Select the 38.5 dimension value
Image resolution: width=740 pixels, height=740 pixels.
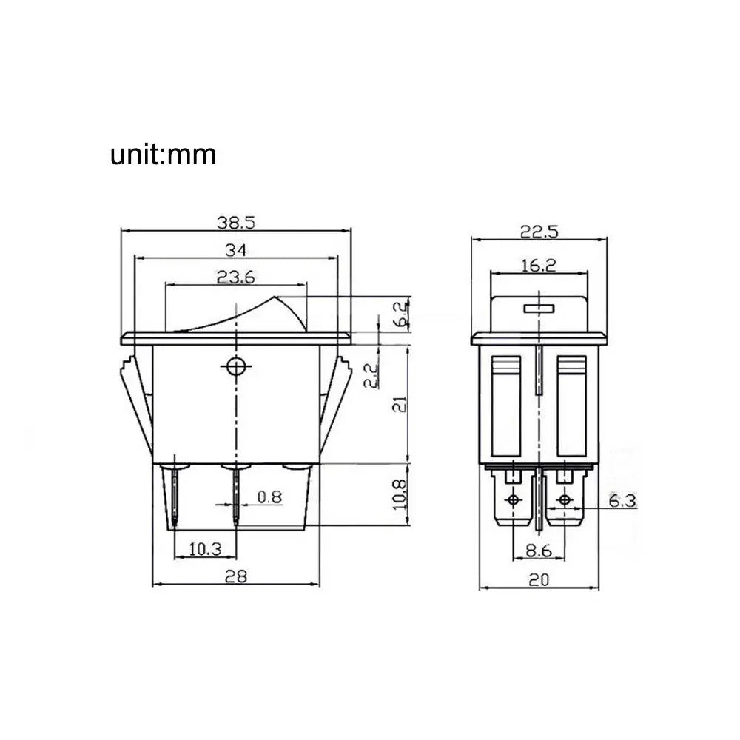pyautogui.click(x=235, y=222)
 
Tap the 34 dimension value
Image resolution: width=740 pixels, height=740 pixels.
pyautogui.click(x=235, y=250)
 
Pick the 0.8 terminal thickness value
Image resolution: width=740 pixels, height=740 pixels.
pyautogui.click(x=269, y=497)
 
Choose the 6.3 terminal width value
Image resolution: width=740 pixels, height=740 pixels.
pyautogui.click(x=622, y=501)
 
